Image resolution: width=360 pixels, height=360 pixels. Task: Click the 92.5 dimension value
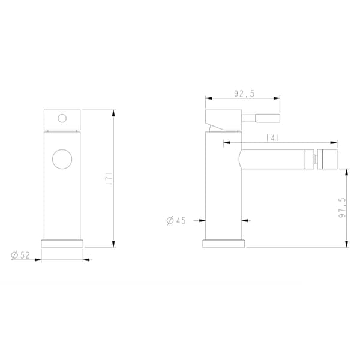(x=244, y=94)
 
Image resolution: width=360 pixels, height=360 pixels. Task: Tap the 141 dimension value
(x=272, y=138)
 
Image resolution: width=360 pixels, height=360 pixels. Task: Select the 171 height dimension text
(x=110, y=178)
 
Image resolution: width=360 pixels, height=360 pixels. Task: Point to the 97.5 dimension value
(x=342, y=208)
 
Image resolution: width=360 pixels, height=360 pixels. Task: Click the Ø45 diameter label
(x=176, y=221)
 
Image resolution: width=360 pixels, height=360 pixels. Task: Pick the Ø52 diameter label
(x=20, y=255)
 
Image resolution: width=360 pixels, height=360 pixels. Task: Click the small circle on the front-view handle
(x=62, y=118)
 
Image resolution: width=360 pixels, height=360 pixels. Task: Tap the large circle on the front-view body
(x=62, y=159)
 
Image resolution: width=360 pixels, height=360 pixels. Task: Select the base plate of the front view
(x=62, y=244)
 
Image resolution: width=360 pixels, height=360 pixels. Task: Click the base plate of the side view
(x=223, y=244)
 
